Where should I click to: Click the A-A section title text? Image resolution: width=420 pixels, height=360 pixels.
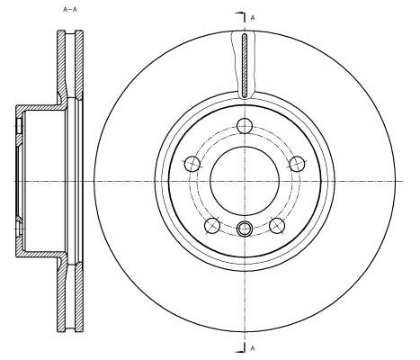tap(70, 9)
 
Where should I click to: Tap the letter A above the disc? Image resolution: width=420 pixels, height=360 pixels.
tap(253, 18)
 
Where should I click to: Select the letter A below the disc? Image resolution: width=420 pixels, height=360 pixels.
tap(253, 348)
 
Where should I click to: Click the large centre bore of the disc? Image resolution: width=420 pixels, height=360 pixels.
tap(245, 181)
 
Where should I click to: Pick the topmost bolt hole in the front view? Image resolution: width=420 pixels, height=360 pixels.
tap(245, 126)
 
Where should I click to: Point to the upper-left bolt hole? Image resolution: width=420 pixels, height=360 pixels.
tap(192, 164)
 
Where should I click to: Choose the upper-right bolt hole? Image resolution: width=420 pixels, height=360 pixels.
tap(297, 164)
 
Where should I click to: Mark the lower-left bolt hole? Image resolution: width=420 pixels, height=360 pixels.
tap(212, 226)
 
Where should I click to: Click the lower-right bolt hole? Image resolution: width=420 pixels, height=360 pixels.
tap(277, 226)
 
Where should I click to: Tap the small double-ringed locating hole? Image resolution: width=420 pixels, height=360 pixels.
tap(245, 229)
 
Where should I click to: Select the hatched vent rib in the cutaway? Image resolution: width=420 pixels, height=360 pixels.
tap(245, 66)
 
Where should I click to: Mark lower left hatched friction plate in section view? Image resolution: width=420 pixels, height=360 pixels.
tap(61, 297)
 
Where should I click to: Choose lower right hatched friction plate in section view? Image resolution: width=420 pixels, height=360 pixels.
tap(79, 297)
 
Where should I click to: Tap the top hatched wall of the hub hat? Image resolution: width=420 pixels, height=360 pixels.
tap(40, 107)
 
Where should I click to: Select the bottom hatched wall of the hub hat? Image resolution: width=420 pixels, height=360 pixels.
tap(40, 254)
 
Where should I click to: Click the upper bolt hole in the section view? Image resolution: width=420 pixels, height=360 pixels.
tap(19, 126)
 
